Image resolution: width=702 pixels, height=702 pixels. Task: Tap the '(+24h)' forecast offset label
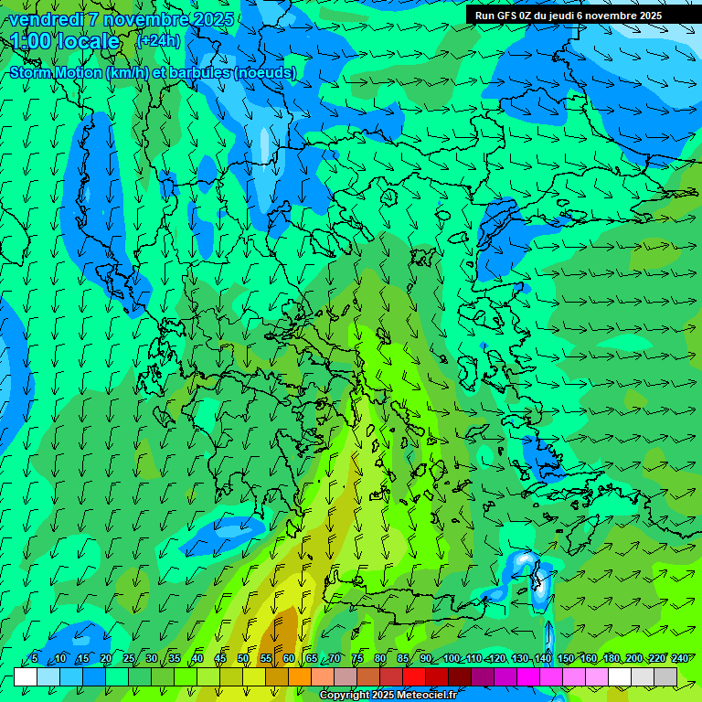click(158, 41)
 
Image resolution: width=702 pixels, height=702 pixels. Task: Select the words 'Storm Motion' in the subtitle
click(56, 72)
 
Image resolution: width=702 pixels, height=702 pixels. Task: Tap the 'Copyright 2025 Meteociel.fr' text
click(388, 696)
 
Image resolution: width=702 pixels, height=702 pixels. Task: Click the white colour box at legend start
click(26, 677)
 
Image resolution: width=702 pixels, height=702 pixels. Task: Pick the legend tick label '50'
click(243, 659)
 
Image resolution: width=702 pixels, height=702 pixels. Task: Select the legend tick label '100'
click(452, 659)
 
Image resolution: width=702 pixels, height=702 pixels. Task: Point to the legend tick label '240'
click(679, 659)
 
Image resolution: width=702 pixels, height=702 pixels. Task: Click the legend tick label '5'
click(35, 659)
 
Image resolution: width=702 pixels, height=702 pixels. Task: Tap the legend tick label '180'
click(610, 659)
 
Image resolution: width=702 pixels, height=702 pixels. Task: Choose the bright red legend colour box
click(414, 677)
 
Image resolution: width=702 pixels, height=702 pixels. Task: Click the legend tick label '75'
click(357, 659)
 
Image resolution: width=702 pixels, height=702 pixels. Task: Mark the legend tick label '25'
click(129, 659)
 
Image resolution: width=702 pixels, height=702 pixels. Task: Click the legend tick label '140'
click(542, 659)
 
